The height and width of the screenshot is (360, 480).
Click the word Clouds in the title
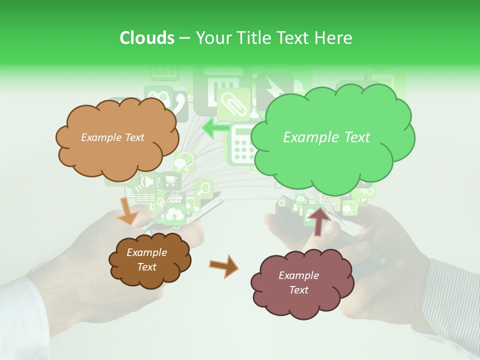pyautogui.click(x=147, y=38)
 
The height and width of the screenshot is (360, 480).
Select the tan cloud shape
pyautogui.click(x=116, y=137)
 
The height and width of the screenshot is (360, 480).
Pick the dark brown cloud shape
pyautogui.click(x=149, y=260)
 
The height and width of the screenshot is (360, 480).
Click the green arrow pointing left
pyautogui.click(x=215, y=128)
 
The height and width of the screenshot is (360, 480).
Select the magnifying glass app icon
pyautogui.click(x=204, y=189)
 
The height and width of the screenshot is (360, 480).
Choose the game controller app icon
pyautogui.click(x=158, y=96)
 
